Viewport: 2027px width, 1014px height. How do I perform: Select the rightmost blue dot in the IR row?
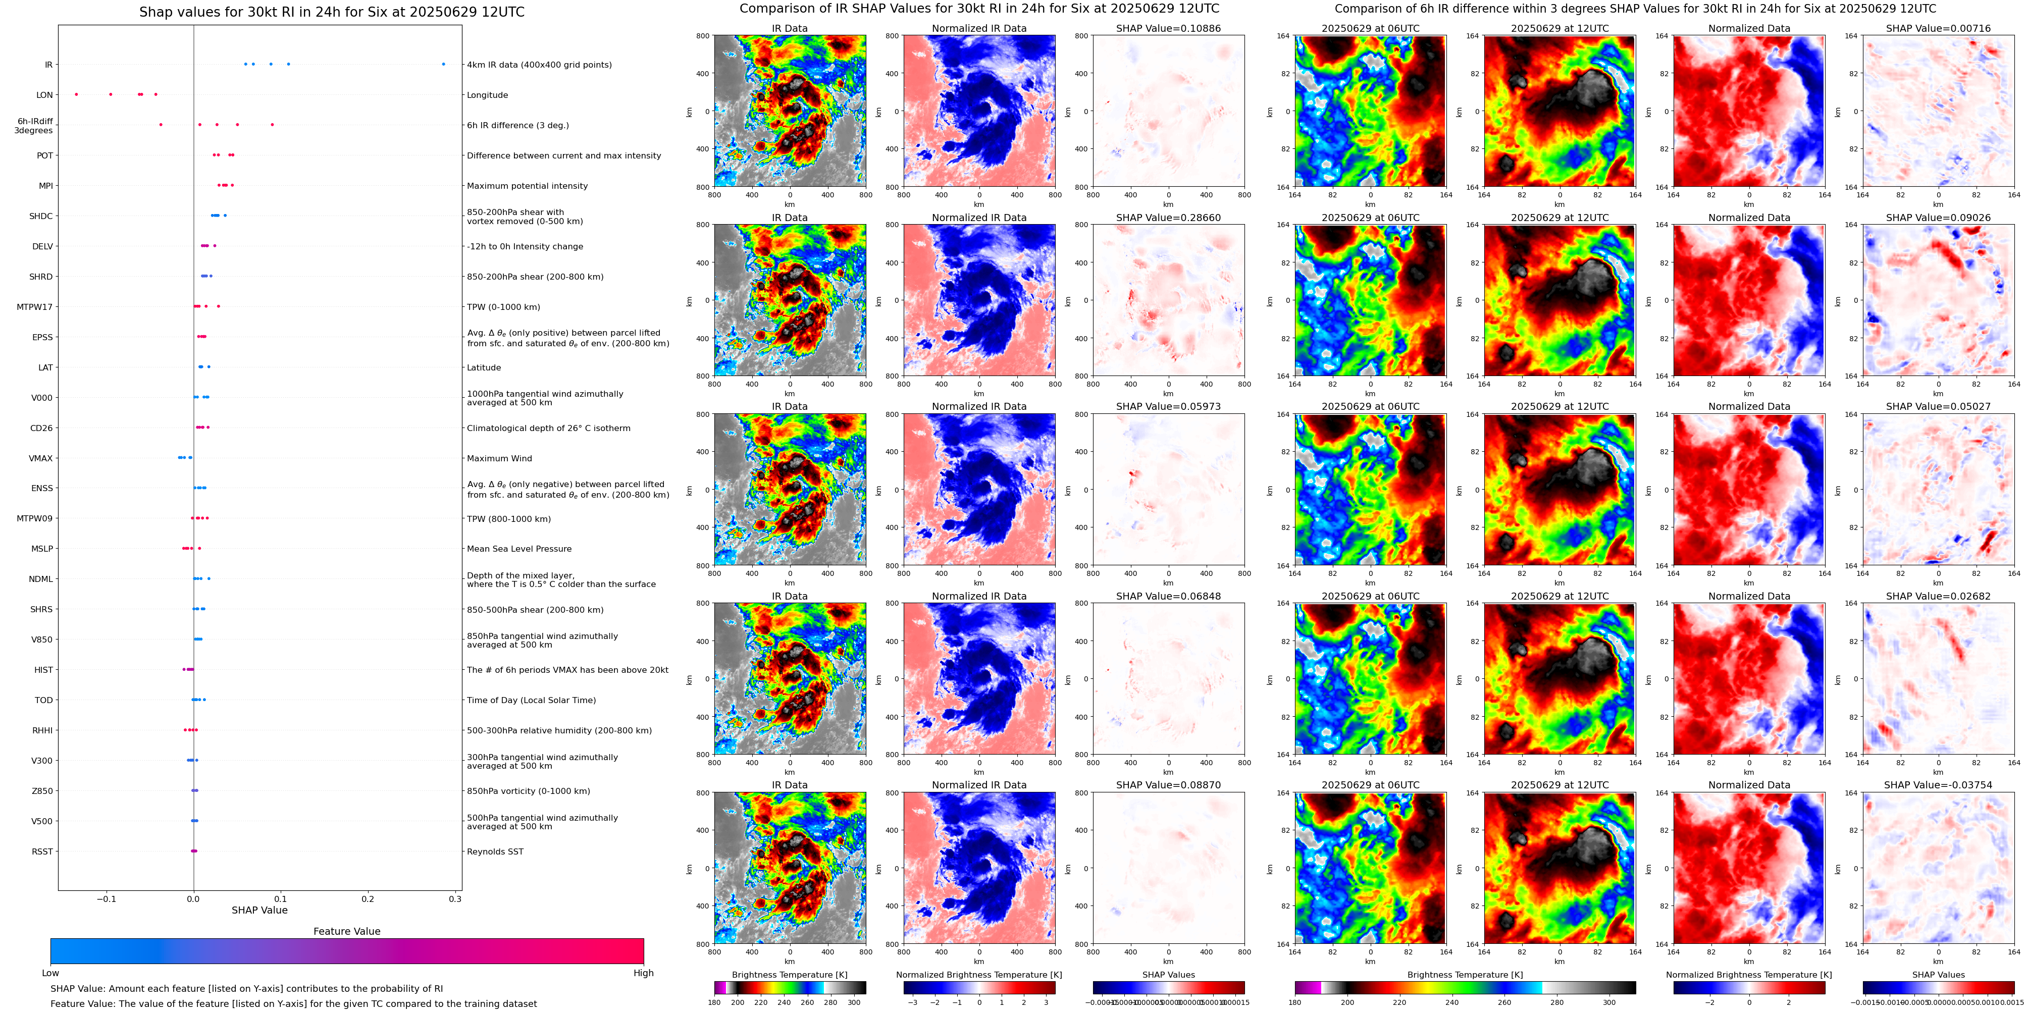443,64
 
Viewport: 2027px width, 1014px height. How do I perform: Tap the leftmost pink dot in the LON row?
76,94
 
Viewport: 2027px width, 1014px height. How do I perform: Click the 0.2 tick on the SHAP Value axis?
368,899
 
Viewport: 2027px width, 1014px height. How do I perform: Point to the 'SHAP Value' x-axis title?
259,910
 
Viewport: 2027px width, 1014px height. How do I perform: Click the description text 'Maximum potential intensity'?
527,186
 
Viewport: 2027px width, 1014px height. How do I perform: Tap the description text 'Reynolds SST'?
494,851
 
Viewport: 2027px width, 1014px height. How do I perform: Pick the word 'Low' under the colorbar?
50,973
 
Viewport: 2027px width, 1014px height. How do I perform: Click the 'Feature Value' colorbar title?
346,931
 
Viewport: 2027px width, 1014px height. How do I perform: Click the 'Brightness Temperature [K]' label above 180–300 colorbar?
789,975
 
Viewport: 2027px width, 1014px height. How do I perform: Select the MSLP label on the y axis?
42,548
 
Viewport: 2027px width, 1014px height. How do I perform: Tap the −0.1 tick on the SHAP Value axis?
106,899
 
